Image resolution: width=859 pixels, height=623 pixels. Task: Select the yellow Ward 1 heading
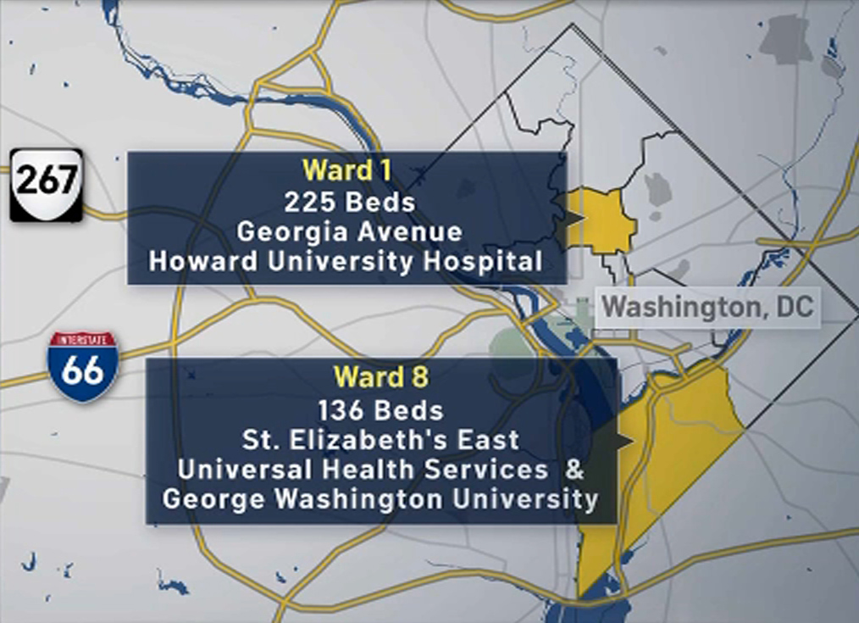(347, 170)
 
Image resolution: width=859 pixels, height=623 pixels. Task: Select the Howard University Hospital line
(346, 261)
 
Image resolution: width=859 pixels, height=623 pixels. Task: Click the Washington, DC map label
(708, 307)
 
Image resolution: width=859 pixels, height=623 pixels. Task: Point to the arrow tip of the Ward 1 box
(583, 220)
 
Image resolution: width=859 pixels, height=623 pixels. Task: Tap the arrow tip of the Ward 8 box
(630, 441)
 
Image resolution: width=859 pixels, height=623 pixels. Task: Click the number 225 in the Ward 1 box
(303, 203)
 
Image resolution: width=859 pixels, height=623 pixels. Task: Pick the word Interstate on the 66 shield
(83, 341)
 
